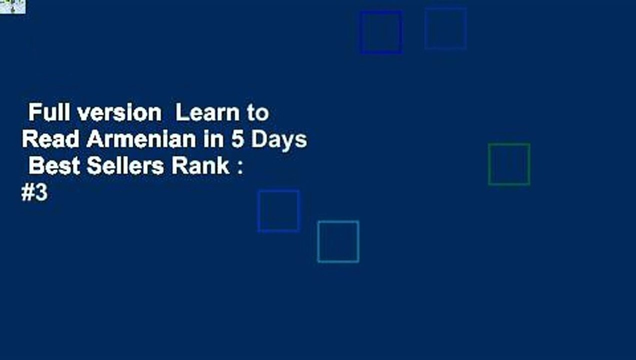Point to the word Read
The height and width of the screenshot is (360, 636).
(50, 139)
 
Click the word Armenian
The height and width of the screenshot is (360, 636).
(141, 139)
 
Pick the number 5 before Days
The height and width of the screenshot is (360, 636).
(237, 139)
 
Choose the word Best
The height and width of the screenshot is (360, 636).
(54, 166)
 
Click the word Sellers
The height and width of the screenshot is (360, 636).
(125, 166)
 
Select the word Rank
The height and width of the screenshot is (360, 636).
(200, 166)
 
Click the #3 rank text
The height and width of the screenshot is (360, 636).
(34, 193)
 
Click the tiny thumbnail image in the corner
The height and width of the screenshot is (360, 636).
(12, 6)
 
